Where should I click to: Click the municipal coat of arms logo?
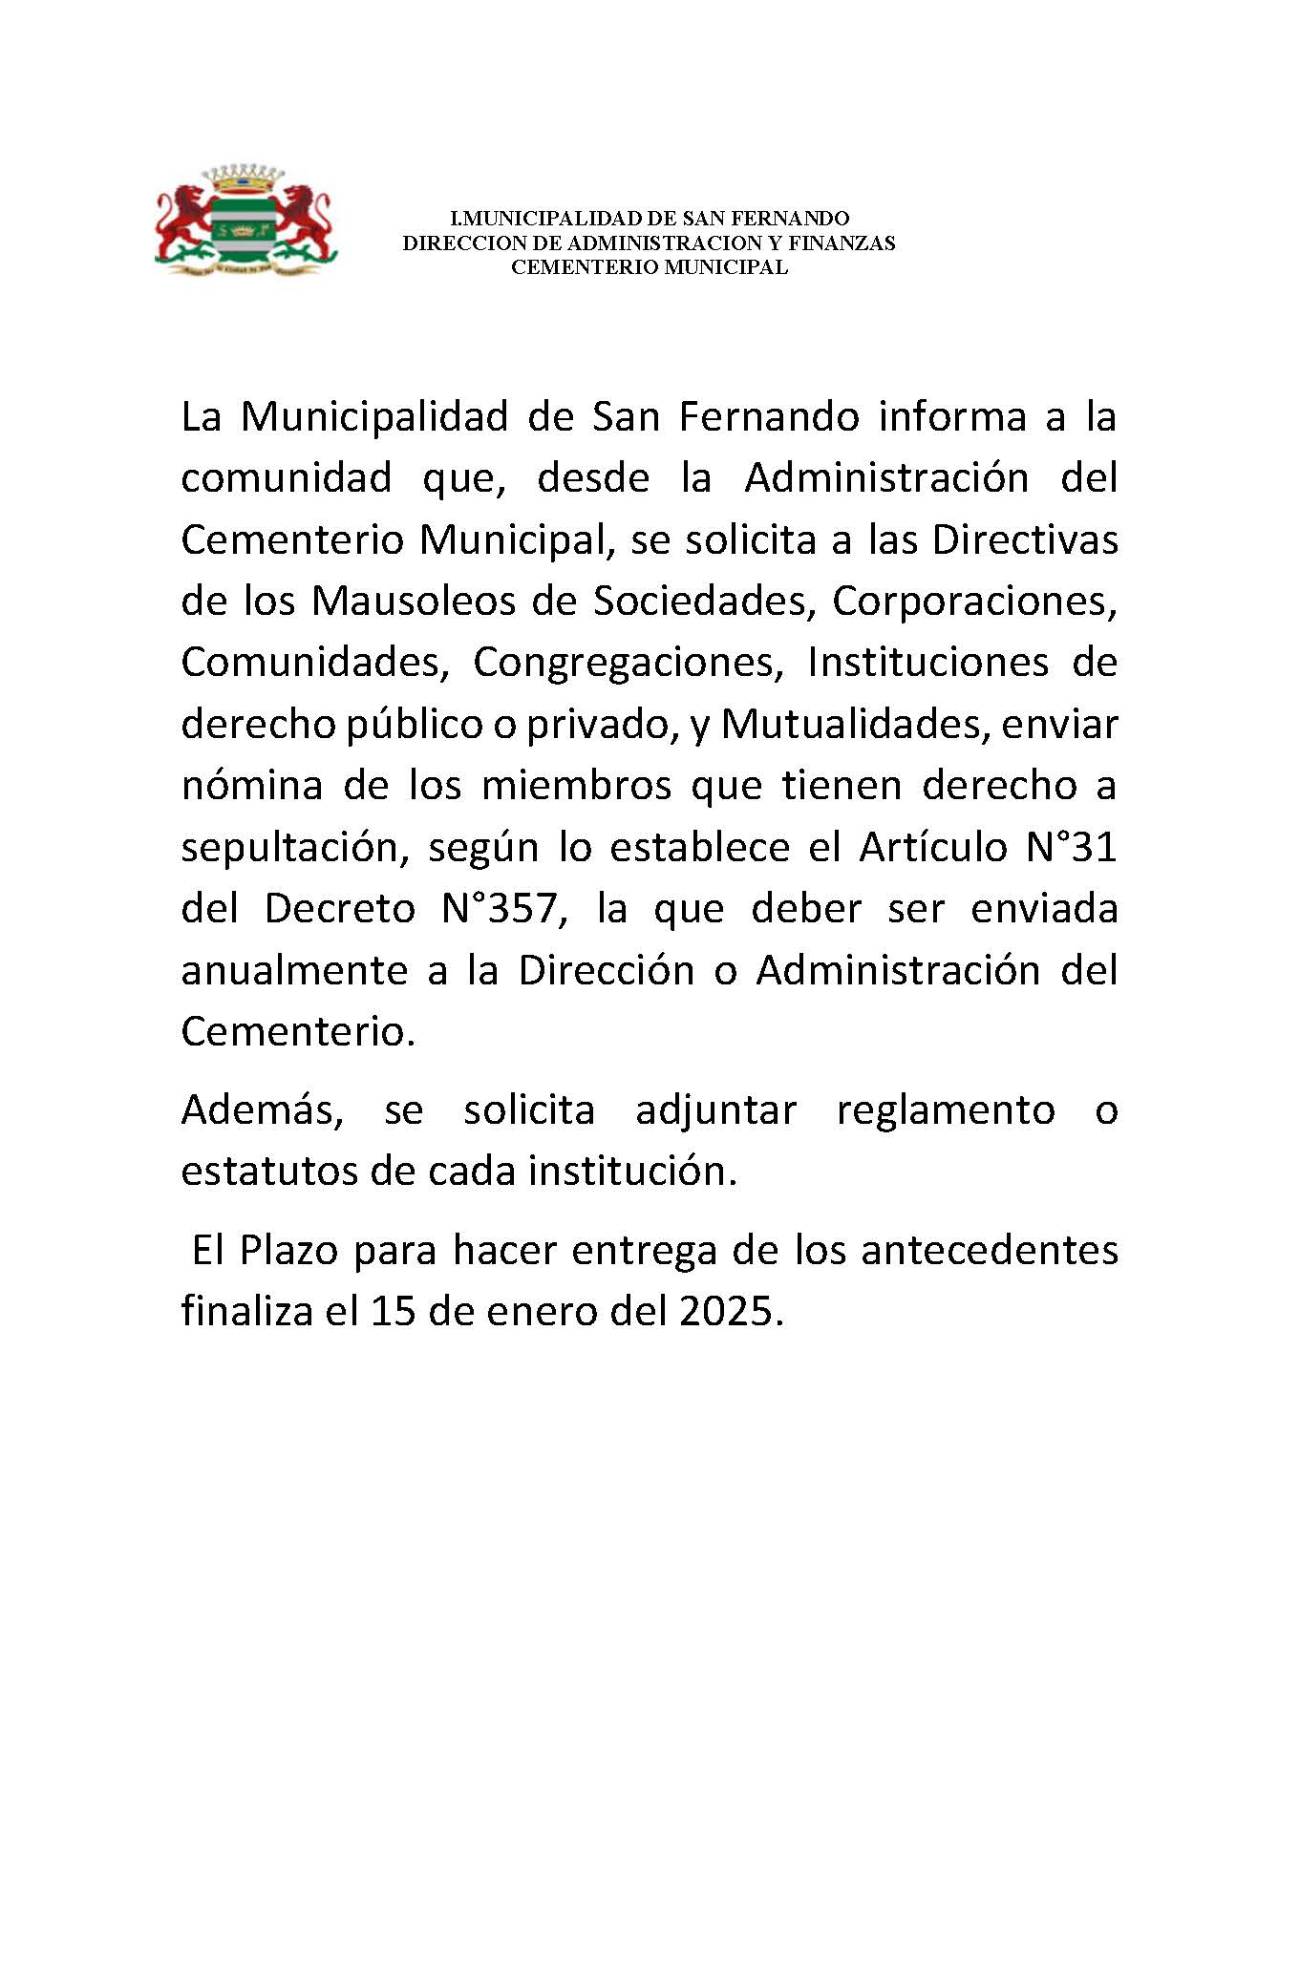point(245,222)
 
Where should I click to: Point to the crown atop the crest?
point(245,178)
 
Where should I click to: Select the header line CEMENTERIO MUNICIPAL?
point(649,267)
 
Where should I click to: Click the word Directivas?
point(1024,539)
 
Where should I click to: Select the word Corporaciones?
point(974,601)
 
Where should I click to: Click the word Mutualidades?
point(850,724)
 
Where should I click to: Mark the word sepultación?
point(295,848)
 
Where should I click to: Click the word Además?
point(262,1109)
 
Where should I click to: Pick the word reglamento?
point(946,1109)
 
